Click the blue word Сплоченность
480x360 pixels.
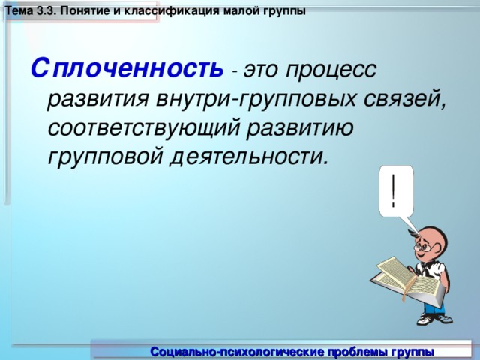point(127,68)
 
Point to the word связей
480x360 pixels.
point(405,99)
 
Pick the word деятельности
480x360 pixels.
point(249,156)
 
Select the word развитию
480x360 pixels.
point(300,128)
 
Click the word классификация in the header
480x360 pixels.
point(167,12)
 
